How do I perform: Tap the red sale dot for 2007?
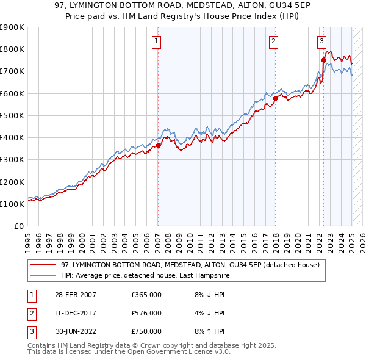(158, 145)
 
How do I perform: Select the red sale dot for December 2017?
(275, 98)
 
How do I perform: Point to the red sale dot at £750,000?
(323, 60)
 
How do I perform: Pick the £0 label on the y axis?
(19, 226)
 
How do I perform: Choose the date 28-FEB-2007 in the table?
(76, 295)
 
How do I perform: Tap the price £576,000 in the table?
(146, 313)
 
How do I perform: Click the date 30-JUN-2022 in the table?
(76, 331)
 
